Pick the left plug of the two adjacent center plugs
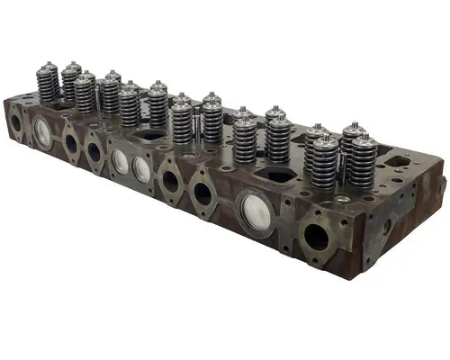point(121,161)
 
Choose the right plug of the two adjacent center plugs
point(141,168)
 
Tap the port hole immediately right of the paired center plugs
point(170,181)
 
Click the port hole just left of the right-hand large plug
point(204,193)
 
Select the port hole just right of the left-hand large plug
point(70,143)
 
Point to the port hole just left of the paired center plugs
point(94,152)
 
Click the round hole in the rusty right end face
point(388,229)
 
